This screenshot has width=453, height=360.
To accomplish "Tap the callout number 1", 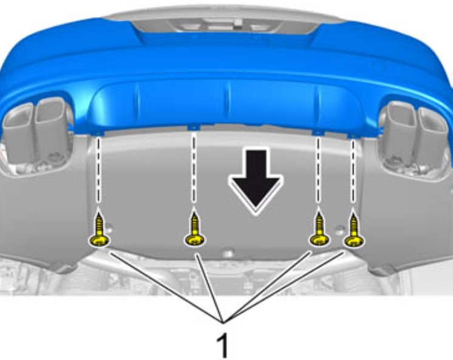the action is coord(223,345).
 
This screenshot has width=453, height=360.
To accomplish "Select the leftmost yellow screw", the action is coord(100,230).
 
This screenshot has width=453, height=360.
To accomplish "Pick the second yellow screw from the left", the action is coord(194,229).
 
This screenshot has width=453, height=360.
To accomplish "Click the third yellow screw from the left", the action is coord(319,229).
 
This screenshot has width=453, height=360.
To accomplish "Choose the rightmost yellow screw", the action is coord(353,230).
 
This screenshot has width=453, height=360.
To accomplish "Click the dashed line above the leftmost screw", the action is coord(98,171).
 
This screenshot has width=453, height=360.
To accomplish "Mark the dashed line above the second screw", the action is coord(194,168).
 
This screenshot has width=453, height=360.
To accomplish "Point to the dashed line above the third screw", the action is coord(318,169).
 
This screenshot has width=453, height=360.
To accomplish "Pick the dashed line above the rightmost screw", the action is coord(352,171).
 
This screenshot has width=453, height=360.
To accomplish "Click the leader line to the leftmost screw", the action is coord(167,287).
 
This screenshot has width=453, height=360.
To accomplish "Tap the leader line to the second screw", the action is coord(209,288).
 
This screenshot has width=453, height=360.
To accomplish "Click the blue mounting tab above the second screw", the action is coord(194,127).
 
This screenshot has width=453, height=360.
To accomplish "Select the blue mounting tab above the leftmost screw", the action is coord(98,132).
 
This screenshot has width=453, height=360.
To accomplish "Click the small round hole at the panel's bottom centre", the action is coord(228,254).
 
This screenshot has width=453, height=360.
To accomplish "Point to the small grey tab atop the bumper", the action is coord(238,21).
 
